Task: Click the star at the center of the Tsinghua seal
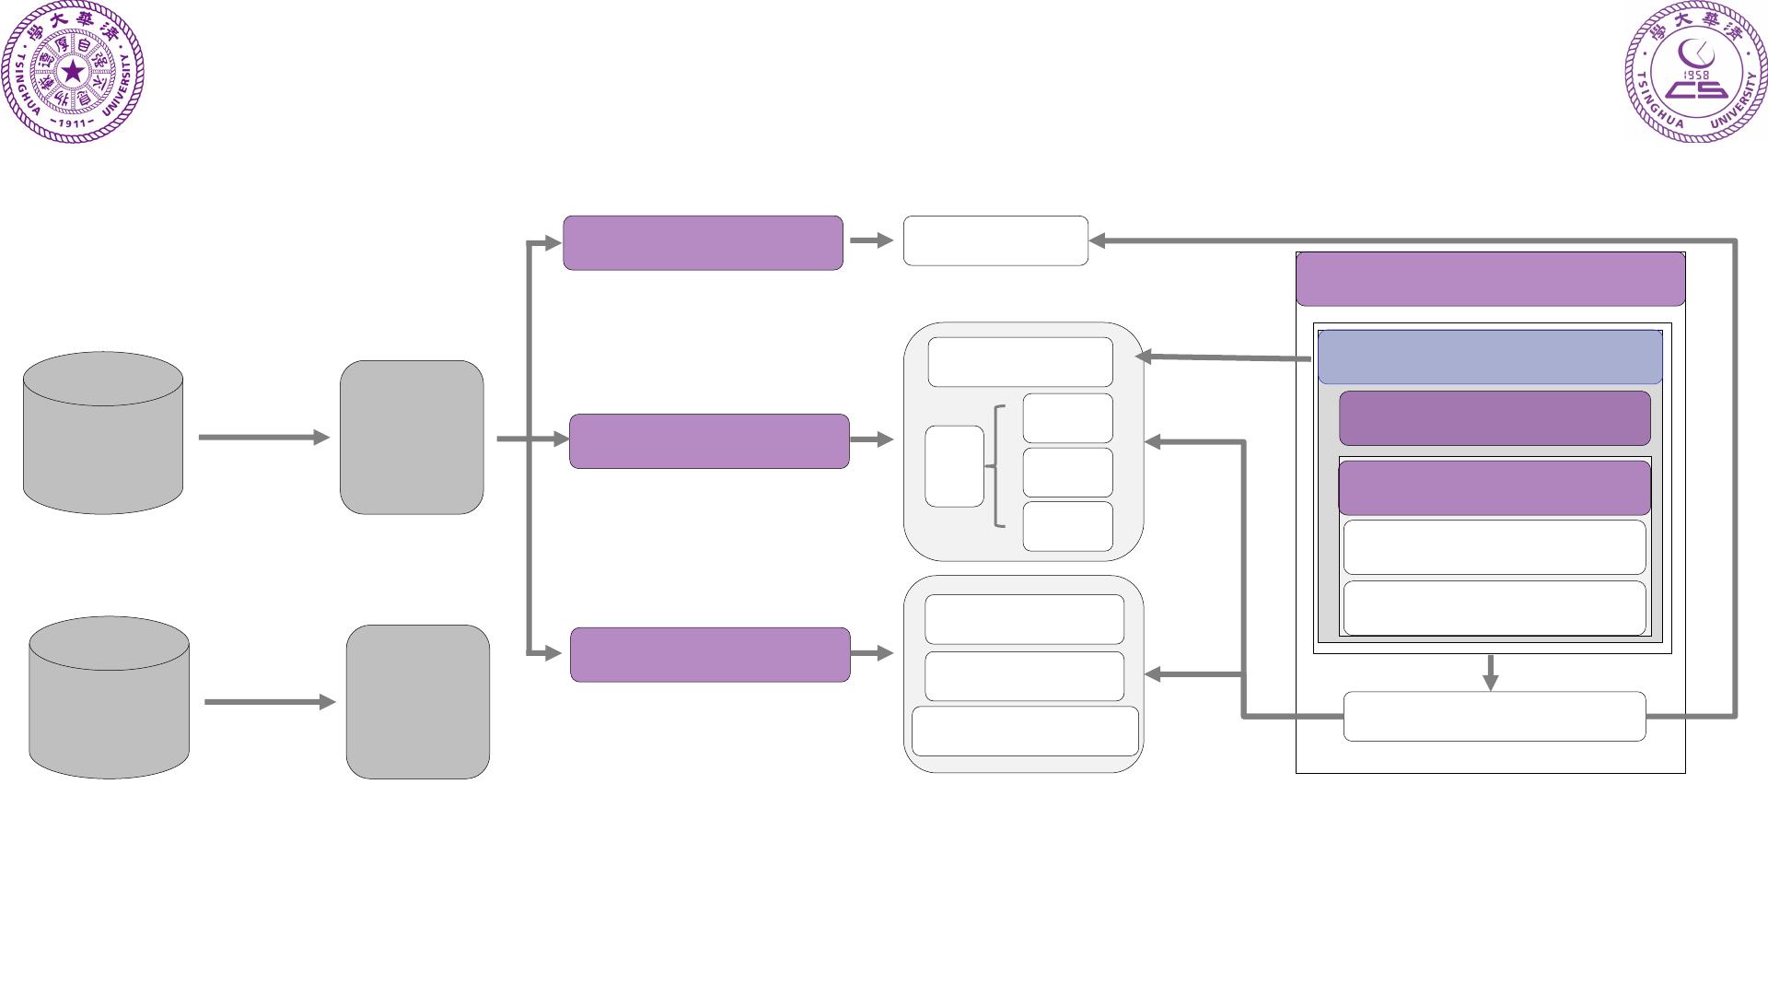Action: (x=73, y=72)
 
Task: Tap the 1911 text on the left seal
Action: (x=72, y=123)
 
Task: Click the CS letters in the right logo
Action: (x=1696, y=90)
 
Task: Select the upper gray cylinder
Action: (x=103, y=433)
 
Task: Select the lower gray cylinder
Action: (x=109, y=698)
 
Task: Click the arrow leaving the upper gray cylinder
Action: (x=263, y=438)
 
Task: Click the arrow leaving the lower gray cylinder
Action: (x=269, y=702)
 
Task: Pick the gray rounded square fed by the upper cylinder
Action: (x=412, y=438)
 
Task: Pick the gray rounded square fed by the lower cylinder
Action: (x=418, y=702)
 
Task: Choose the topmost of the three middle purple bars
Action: (x=703, y=243)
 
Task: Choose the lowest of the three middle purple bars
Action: (x=710, y=655)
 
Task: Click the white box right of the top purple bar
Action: (x=995, y=241)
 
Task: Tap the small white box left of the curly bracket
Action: (x=954, y=466)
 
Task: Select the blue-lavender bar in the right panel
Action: (x=1490, y=357)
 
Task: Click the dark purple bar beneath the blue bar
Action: (x=1495, y=418)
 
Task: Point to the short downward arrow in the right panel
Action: (x=1491, y=673)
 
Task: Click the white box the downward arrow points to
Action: (x=1495, y=717)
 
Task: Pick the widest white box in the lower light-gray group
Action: (x=1025, y=732)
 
